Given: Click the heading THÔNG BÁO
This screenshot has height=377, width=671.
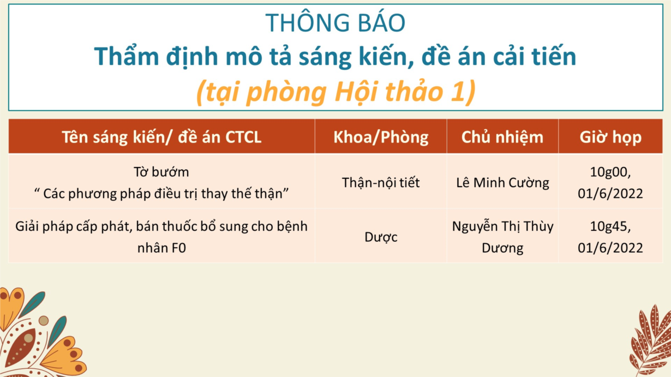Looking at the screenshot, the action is click(335, 22).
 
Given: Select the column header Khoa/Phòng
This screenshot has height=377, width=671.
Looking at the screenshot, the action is click(381, 137).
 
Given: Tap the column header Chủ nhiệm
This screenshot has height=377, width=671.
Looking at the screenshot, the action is click(502, 137).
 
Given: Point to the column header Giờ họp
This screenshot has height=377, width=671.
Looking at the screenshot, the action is click(610, 137).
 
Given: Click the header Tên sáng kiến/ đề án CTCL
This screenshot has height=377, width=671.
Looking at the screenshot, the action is click(161, 137).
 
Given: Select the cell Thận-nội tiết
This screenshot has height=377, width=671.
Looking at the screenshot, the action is click(381, 183).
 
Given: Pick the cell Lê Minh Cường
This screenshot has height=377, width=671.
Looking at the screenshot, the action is click(502, 183).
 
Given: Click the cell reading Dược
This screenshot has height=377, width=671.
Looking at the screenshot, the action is click(381, 237).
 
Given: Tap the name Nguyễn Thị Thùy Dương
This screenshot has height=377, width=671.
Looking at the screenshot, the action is click(502, 237).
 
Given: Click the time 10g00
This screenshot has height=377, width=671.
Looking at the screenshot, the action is click(610, 172).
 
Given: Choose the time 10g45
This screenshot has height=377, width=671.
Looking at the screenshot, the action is click(610, 226).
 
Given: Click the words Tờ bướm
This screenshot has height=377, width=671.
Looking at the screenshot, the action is click(161, 172).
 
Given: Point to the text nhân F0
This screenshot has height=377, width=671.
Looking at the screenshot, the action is click(161, 248).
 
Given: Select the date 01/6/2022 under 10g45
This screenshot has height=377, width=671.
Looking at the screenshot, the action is click(610, 248).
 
